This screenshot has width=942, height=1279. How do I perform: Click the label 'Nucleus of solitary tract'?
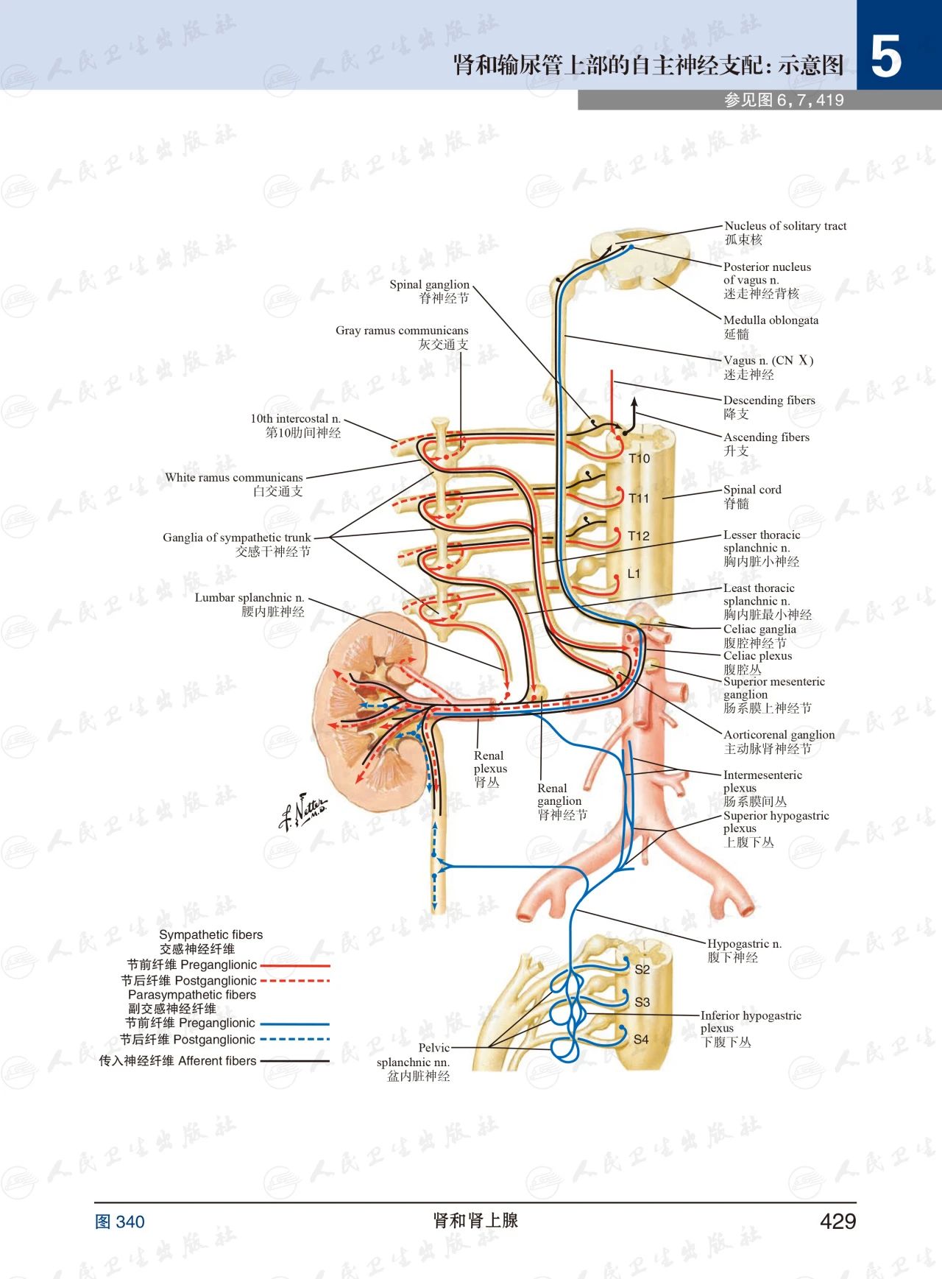(785, 226)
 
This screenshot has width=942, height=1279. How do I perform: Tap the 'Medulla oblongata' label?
(771, 320)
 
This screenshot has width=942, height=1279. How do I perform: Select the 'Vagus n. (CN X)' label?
(768, 361)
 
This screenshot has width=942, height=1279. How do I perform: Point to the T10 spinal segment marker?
(639, 459)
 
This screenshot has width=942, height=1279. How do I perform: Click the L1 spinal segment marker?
(634, 574)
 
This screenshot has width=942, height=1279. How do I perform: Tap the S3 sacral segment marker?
(642, 1002)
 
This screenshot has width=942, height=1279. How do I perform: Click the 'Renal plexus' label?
(490, 762)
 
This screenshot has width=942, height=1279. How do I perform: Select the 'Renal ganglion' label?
(559, 794)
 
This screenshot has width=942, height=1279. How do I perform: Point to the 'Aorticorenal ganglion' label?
(779, 735)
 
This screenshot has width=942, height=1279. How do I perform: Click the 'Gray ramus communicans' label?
(402, 331)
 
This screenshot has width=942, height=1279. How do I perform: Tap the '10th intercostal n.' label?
(295, 419)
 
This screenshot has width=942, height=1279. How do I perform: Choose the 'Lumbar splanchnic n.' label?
(249, 598)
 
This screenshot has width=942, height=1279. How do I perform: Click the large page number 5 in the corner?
(886, 57)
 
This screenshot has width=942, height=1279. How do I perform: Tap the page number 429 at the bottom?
(837, 1222)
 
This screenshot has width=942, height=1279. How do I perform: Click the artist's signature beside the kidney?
(302, 811)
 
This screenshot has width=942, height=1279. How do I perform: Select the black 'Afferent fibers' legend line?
(295, 1061)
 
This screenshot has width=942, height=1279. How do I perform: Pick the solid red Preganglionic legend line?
(295, 965)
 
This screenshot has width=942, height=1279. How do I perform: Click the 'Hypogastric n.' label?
(744, 944)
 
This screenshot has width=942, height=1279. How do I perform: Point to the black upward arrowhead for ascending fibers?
(634, 402)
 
